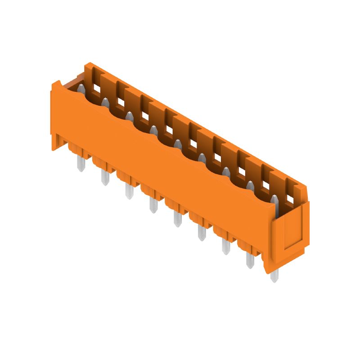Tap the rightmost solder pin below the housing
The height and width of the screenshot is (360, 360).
point(274,274)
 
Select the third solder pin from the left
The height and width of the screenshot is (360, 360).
point(129,191)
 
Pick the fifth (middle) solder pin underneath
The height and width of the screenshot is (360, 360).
point(177,219)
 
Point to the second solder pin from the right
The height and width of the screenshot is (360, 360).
point(250,260)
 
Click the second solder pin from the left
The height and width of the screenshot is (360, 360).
point(104,177)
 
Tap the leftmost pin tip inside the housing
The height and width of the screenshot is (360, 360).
point(80,90)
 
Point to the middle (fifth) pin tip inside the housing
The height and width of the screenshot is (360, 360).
point(178,145)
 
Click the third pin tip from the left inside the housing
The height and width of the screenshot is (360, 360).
point(129,118)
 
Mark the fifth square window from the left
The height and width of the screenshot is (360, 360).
point(193,144)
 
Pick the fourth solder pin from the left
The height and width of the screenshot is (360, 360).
point(153,205)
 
